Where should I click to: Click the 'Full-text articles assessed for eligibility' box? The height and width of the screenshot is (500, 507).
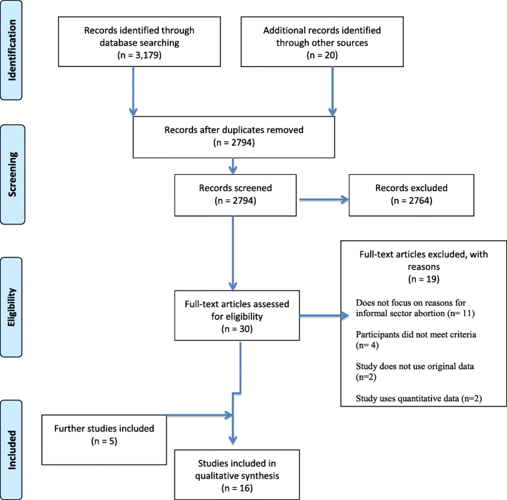[240, 316]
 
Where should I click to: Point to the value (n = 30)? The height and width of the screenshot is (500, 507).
[240, 330]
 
